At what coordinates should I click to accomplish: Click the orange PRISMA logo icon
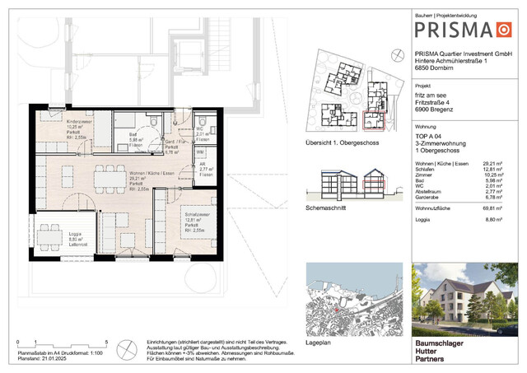503,30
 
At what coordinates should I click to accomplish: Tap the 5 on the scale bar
107,340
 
